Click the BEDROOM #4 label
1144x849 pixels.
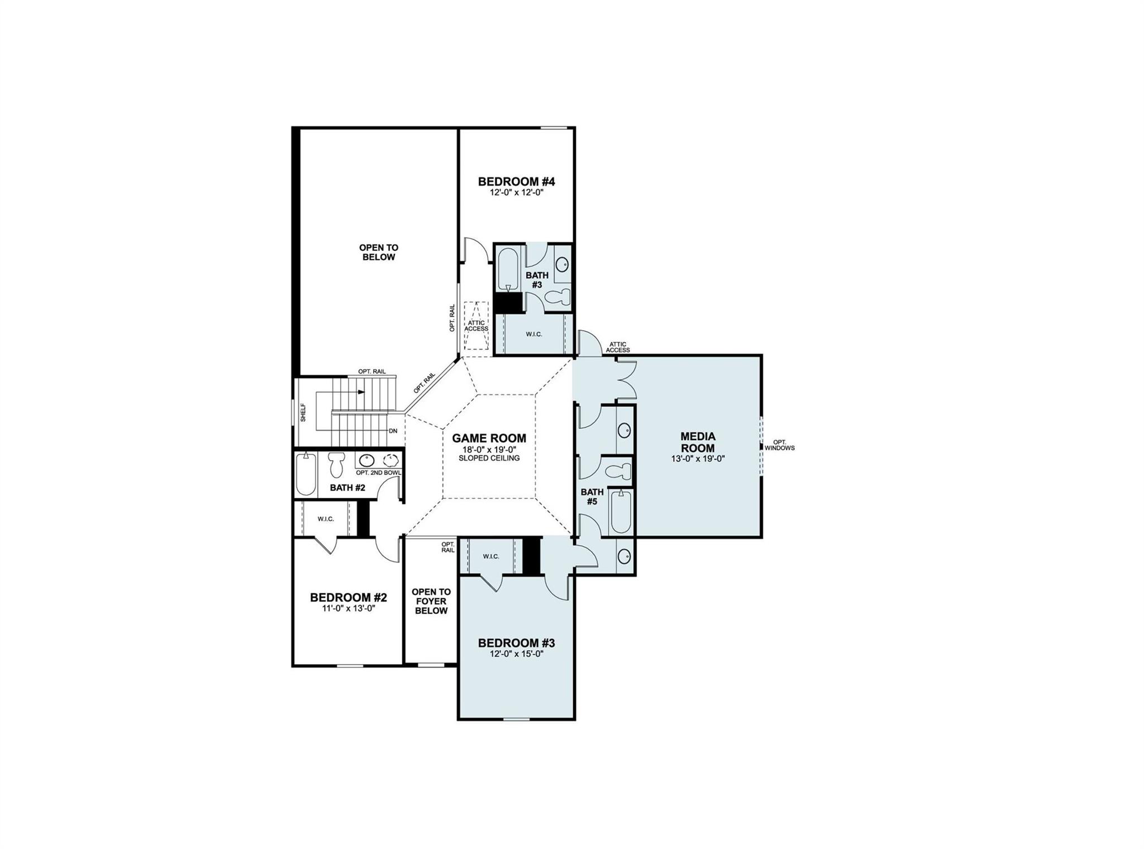pyautogui.click(x=516, y=182)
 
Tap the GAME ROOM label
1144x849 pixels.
pyautogui.click(x=489, y=438)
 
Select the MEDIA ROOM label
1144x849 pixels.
pyautogui.click(x=698, y=442)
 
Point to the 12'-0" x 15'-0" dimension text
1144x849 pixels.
pyautogui.click(x=516, y=654)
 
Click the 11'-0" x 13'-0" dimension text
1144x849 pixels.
pyautogui.click(x=349, y=608)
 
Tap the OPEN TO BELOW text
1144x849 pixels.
pyautogui.click(x=379, y=252)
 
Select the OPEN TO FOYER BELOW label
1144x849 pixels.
pyautogui.click(x=431, y=601)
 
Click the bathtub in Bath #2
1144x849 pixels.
pyautogui.click(x=306, y=474)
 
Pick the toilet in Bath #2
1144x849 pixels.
pyautogui.click(x=336, y=464)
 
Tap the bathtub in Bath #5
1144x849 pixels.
pyautogui.click(x=621, y=512)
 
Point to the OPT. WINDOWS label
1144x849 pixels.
pyautogui.click(x=779, y=445)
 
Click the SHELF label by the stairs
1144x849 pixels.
pyautogui.click(x=303, y=412)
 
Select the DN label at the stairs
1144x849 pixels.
pyautogui.click(x=393, y=431)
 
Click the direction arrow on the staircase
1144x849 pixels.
pyautogui.click(x=361, y=392)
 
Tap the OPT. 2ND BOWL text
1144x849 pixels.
pyautogui.click(x=378, y=473)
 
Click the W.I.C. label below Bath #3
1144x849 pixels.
pyautogui.click(x=533, y=334)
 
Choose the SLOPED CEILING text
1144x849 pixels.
pyautogui.click(x=489, y=458)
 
